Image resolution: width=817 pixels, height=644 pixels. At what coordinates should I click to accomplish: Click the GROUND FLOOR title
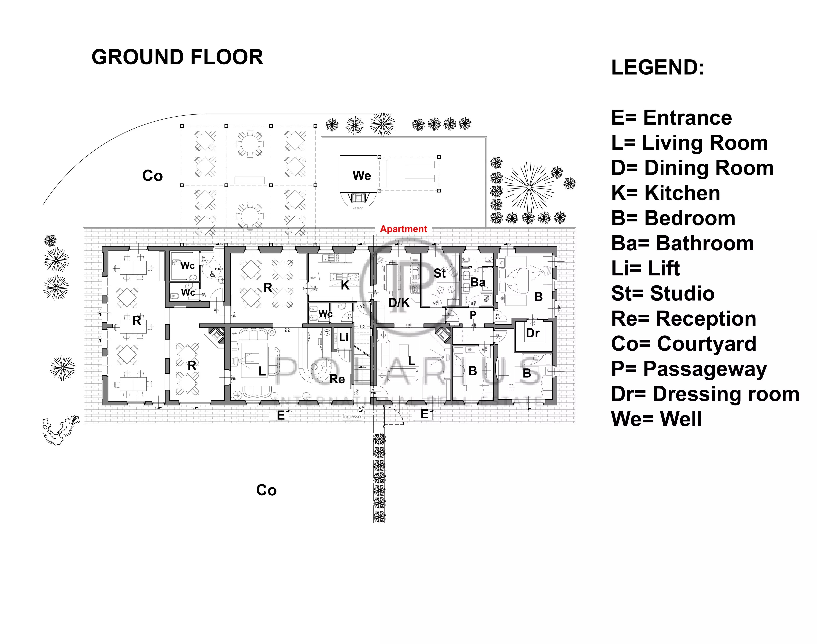pos(177,57)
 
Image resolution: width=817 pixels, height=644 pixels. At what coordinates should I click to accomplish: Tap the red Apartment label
pos(403,229)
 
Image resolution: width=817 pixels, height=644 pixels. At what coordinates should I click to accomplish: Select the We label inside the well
pos(361,176)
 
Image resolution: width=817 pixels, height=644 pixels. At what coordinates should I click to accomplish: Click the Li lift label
pos(343,337)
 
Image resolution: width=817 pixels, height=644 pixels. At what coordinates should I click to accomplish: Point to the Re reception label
pos(337,379)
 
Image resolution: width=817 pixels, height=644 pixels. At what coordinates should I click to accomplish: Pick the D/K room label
pos(399,302)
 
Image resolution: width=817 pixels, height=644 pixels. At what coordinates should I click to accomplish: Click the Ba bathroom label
pos(478,282)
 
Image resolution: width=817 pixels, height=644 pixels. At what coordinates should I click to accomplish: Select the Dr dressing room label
pos(532,333)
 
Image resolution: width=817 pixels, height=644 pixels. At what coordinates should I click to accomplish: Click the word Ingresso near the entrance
pos(351,417)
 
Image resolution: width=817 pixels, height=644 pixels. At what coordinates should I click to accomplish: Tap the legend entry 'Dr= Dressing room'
pos(705,394)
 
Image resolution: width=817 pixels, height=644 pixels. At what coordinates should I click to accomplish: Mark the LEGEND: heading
pos(657,68)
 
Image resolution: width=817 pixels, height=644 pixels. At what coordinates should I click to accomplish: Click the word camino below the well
pos(358,208)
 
